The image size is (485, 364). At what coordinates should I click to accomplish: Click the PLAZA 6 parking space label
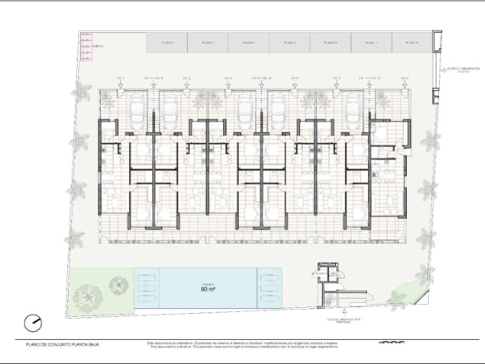167,43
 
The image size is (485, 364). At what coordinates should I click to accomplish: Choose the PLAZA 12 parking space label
412,43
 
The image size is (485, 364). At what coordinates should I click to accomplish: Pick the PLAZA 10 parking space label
330,43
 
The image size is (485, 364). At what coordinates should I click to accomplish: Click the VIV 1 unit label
120,78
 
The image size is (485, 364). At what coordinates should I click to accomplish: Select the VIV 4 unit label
295,78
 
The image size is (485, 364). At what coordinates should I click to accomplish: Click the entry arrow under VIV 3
228,86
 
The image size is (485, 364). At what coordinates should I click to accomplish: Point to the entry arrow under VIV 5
336,86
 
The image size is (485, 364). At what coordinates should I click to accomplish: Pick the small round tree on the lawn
117,283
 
